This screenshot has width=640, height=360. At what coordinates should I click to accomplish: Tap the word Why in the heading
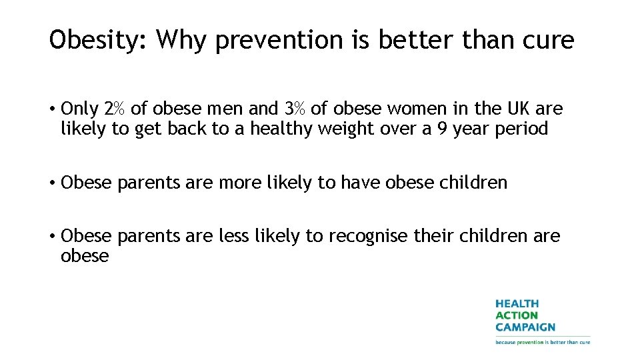click(182, 41)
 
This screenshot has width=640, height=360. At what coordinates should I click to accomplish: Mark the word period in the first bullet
click(521, 129)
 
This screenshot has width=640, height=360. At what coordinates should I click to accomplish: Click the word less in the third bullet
click(235, 236)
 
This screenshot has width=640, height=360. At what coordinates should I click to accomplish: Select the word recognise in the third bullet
click(368, 236)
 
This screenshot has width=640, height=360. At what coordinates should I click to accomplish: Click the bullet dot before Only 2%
click(52, 109)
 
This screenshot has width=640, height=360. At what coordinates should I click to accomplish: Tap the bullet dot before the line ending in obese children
click(52, 183)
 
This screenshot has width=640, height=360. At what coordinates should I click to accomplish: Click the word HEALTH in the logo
click(517, 304)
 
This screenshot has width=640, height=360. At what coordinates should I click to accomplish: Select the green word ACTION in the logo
click(516, 315)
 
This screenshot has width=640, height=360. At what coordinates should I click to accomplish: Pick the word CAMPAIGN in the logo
click(525, 327)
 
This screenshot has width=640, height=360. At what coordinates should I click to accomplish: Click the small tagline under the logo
click(542, 342)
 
